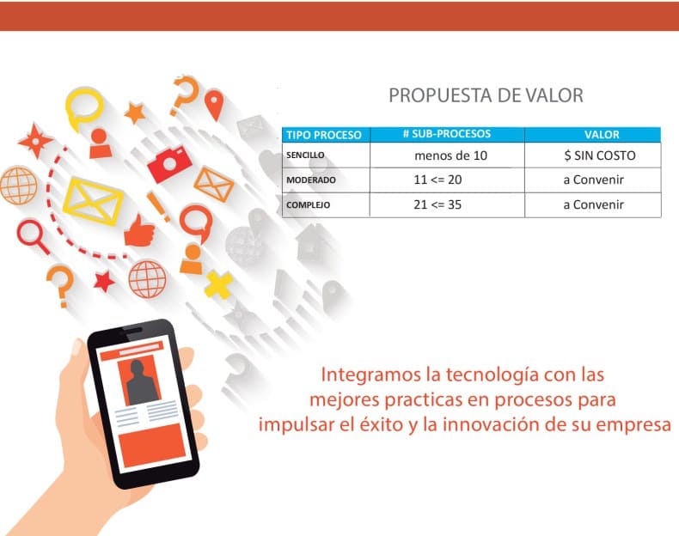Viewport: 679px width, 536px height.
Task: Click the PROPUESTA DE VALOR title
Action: pyautogui.click(x=486, y=95)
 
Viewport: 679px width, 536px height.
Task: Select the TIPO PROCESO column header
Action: pyautogui.click(x=324, y=135)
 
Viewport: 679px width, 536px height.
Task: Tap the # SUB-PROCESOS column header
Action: pyautogui.click(x=447, y=134)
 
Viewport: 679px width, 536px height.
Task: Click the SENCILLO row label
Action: pyautogui.click(x=305, y=155)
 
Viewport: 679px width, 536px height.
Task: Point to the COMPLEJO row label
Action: pyautogui.click(x=308, y=205)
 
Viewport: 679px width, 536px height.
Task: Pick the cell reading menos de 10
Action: pyautogui.click(x=450, y=155)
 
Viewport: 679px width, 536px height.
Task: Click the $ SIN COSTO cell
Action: pyautogui.click(x=600, y=155)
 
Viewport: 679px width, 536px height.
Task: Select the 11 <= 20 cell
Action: pyautogui.click(x=437, y=180)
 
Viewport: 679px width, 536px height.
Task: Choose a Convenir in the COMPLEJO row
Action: pyautogui.click(x=594, y=204)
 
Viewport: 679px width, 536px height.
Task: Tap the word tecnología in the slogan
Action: pyautogui.click(x=492, y=375)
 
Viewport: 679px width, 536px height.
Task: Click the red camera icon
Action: pyautogui.click(x=169, y=163)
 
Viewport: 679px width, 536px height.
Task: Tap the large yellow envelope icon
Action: pyautogui.click(x=93, y=200)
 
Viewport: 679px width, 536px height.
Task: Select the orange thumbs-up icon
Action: pyautogui.click(x=138, y=231)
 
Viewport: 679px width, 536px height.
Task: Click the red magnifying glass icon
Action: pyautogui.click(x=33, y=236)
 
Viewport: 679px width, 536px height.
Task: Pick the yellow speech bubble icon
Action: pyautogui.click(x=84, y=108)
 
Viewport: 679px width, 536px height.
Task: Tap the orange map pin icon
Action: pyautogui.click(x=214, y=105)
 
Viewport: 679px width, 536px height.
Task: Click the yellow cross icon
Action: pyautogui.click(x=218, y=284)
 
